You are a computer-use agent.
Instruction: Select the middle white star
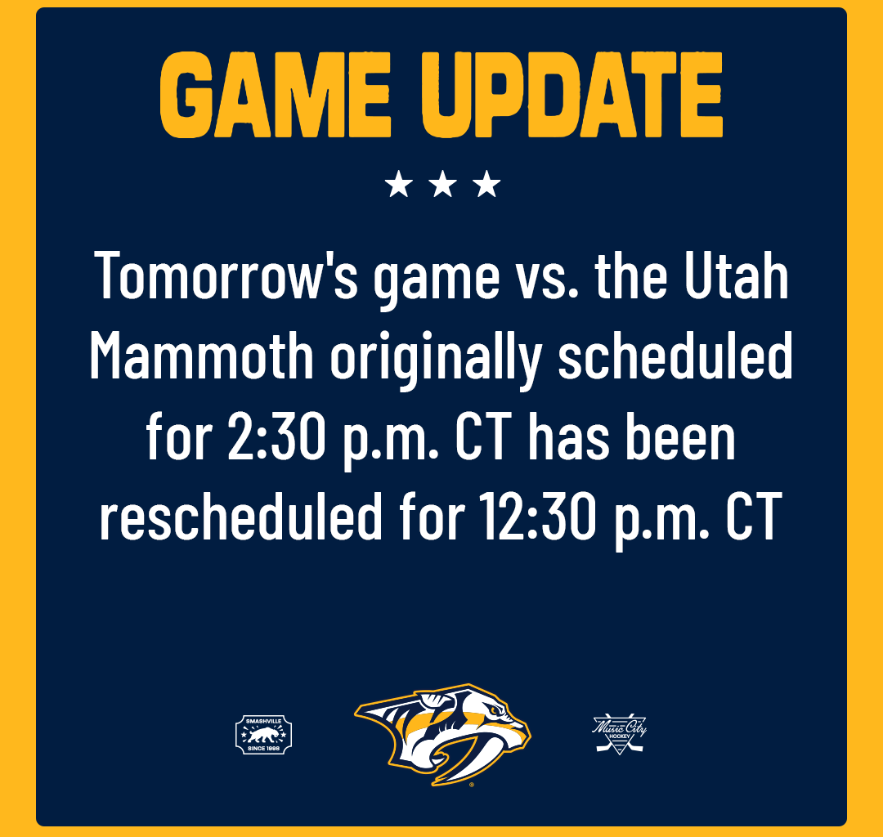tap(442, 185)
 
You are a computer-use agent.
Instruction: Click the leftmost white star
tap(398, 185)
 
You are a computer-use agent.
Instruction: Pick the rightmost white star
tap(486, 185)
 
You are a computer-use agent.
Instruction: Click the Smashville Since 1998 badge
tap(263, 733)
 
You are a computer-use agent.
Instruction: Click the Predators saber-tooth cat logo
tap(443, 732)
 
